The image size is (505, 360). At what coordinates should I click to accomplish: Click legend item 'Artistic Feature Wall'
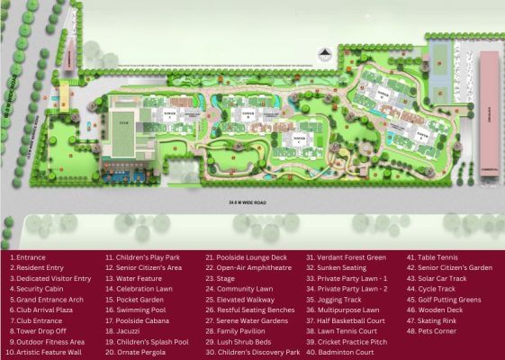pyautogui.click(x=48, y=352)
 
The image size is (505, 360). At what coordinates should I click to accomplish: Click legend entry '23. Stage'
pyautogui.click(x=223, y=278)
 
